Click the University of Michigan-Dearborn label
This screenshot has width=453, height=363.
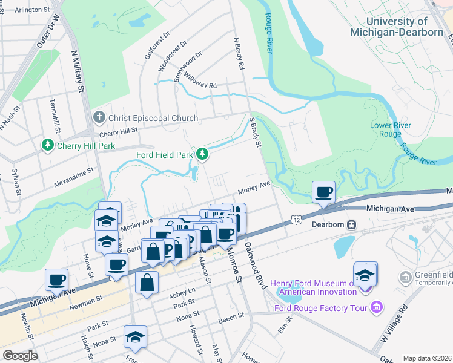396,27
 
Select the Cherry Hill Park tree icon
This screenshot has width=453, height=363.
47,146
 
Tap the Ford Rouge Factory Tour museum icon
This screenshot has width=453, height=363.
377,308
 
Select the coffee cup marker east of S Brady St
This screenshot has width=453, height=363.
323,193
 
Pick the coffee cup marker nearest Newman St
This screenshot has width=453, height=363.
56,280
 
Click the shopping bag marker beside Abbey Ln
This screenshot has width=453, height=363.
147,283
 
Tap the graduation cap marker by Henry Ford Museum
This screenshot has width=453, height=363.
365,275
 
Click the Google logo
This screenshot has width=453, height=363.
20,355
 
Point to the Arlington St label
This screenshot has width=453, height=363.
32,10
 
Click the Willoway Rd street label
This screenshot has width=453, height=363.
201,82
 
